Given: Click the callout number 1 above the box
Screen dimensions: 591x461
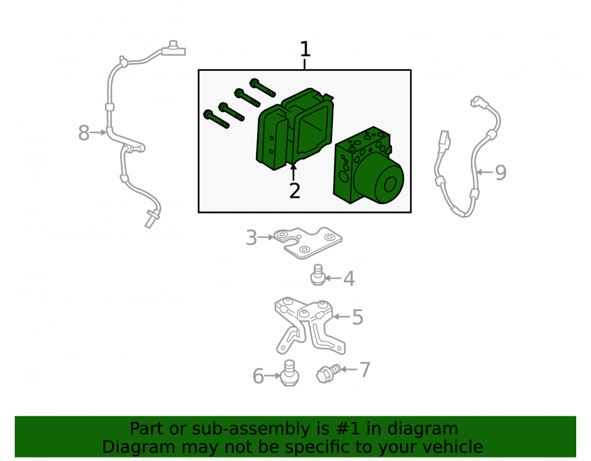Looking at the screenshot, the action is pyautogui.click(x=305, y=50).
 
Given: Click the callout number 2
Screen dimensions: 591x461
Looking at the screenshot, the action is pyautogui.click(x=294, y=191).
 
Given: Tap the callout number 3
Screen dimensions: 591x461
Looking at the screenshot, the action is pyautogui.click(x=251, y=238).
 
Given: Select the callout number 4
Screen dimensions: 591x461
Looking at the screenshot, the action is pyautogui.click(x=349, y=279).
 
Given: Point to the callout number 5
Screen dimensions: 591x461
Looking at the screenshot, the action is pyautogui.click(x=358, y=317).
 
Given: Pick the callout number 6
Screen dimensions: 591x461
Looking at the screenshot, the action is pyautogui.click(x=258, y=377).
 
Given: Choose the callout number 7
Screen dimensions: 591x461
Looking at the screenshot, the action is pyautogui.click(x=365, y=370).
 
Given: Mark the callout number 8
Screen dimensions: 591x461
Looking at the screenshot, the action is pyautogui.click(x=84, y=133).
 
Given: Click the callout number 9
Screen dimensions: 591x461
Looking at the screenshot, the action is pyautogui.click(x=500, y=173).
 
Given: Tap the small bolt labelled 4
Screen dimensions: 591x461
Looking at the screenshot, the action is pyautogui.click(x=317, y=274).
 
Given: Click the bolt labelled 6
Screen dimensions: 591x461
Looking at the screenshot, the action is pyautogui.click(x=290, y=373).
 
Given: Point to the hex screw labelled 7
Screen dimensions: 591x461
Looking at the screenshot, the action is pyautogui.click(x=328, y=373).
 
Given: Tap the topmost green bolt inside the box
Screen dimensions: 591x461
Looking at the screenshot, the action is pyautogui.click(x=262, y=87).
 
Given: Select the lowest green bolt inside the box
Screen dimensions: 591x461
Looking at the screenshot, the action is pyautogui.click(x=216, y=119).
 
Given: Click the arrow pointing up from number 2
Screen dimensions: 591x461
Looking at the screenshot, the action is pyautogui.click(x=293, y=172).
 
